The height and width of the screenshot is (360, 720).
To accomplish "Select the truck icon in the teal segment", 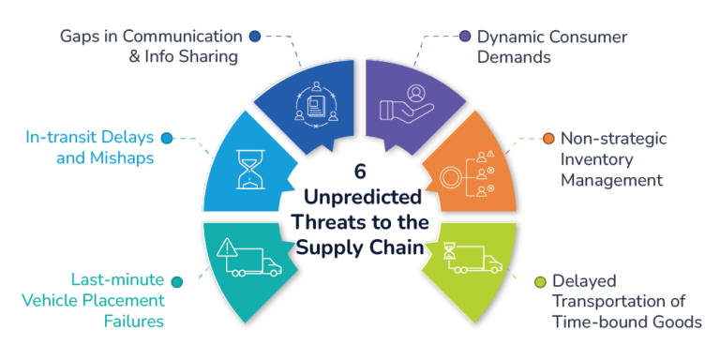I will [256, 262].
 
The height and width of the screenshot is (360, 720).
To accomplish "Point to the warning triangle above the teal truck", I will [229, 247].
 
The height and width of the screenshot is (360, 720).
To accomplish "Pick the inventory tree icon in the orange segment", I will [466, 174].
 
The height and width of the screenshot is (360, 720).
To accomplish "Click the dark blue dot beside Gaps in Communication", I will [254, 37].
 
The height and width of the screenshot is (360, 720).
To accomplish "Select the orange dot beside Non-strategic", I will [548, 139].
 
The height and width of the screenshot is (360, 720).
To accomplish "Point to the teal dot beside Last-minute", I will [176, 279].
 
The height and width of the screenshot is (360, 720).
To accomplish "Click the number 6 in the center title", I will [360, 172].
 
